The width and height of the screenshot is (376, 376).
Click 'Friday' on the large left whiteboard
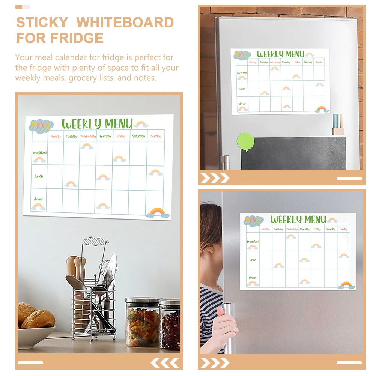point(121,136)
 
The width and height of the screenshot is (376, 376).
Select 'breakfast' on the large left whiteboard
point(39,153)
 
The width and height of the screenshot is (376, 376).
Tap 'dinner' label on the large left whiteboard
point(38,199)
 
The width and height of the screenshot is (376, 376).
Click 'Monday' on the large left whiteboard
point(56,136)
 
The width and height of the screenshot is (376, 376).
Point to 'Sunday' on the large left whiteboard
point(156,136)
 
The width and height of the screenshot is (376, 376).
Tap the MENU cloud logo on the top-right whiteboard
point(242,55)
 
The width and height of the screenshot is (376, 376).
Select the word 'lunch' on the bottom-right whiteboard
point(253,260)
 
